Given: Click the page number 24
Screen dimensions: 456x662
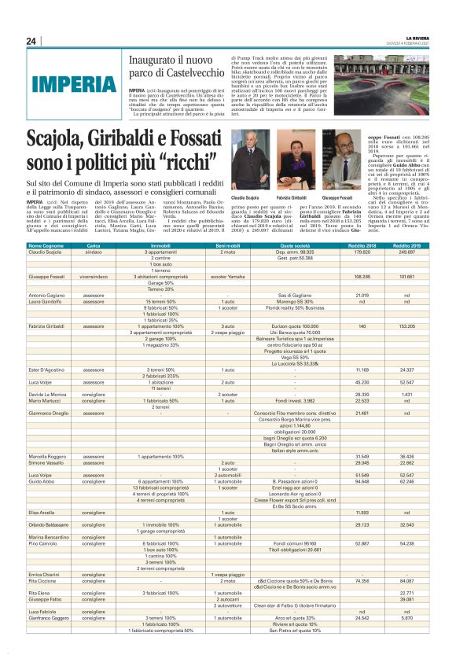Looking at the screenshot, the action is [31, 41].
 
